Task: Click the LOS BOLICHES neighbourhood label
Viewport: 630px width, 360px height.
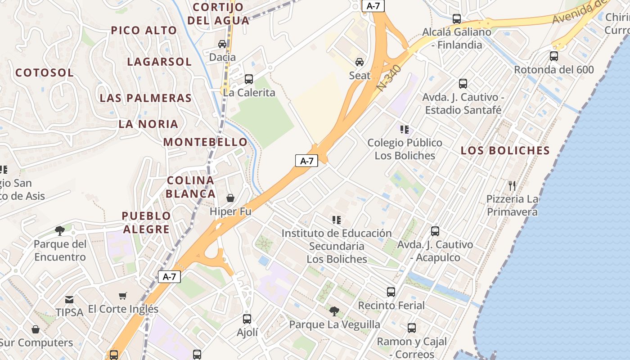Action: click(x=505, y=150)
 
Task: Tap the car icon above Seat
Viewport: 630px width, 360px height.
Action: click(x=360, y=62)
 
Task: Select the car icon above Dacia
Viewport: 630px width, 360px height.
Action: click(x=222, y=44)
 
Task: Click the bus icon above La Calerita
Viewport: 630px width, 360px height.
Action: click(x=249, y=79)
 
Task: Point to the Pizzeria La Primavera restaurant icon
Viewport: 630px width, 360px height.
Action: click(x=512, y=185)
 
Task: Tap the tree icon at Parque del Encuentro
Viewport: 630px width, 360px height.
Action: click(x=59, y=231)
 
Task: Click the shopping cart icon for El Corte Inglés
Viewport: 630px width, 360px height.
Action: click(x=123, y=296)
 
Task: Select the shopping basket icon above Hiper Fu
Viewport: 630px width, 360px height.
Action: click(x=230, y=198)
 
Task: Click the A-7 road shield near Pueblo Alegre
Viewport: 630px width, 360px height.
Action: click(x=169, y=277)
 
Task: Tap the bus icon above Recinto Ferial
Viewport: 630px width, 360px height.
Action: click(x=391, y=292)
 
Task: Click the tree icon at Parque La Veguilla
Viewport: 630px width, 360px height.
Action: click(x=334, y=311)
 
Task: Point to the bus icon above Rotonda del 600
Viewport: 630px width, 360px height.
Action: click(x=554, y=56)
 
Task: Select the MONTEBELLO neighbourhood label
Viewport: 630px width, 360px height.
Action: click(x=205, y=142)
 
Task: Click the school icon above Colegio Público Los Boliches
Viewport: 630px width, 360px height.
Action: click(x=405, y=130)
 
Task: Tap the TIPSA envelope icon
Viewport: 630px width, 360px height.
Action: click(x=69, y=299)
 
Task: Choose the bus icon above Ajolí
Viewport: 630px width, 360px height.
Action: click(x=247, y=319)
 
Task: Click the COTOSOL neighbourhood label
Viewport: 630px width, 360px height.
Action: click(x=45, y=72)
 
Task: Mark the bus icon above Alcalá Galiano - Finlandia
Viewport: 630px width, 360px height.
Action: click(x=457, y=19)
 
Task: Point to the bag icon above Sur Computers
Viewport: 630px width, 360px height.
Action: click(x=36, y=329)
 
